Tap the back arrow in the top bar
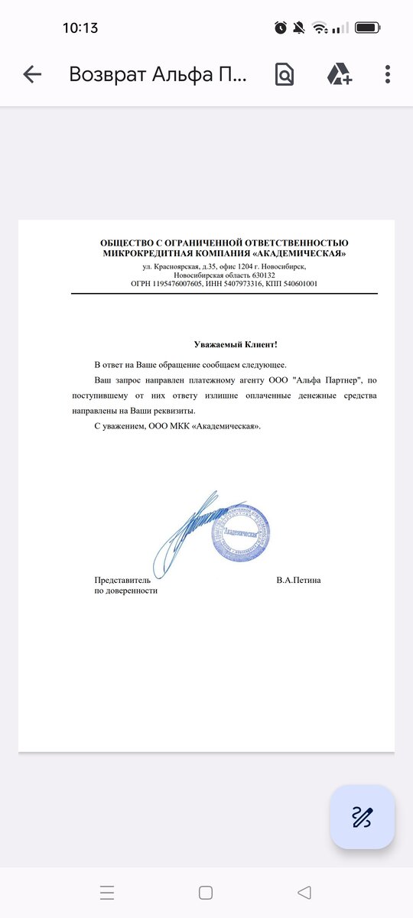point(32,74)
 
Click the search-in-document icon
point(284,74)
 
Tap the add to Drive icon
point(339,74)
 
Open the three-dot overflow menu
point(388,74)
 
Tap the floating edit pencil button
point(363,817)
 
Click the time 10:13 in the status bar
point(80,28)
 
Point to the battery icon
point(368,28)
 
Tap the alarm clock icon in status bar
point(281,28)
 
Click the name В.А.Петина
point(298,580)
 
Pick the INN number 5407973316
point(246,284)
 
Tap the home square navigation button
point(206,892)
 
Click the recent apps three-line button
point(107,892)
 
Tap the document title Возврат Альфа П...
point(158,74)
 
